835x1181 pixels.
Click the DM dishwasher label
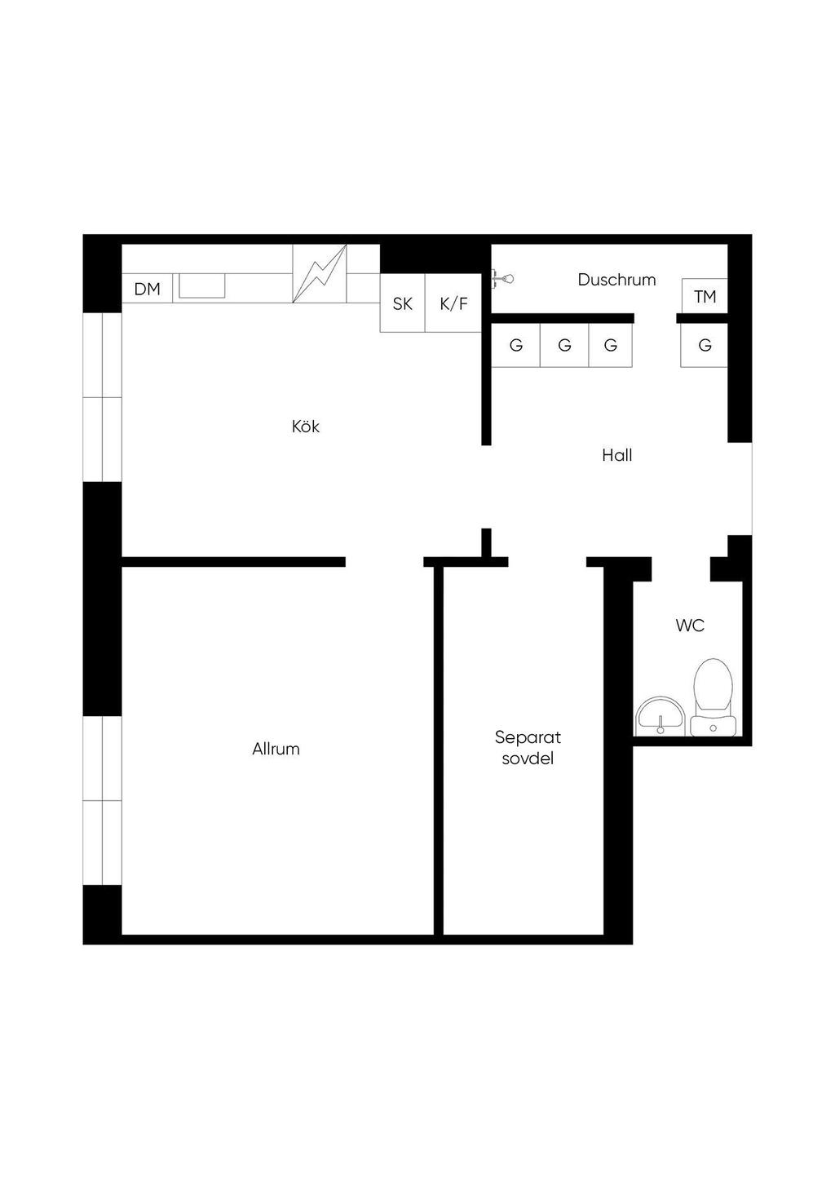coord(147,289)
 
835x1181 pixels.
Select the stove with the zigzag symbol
coord(320,273)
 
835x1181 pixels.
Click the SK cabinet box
coord(403,303)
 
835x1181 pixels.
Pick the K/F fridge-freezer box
coord(454,303)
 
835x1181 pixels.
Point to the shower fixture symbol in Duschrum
coord(502,278)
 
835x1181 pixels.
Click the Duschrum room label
coord(616,280)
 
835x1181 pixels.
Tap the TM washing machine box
coord(705,295)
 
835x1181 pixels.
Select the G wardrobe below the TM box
coord(705,345)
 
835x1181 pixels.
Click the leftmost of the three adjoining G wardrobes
coord(516,345)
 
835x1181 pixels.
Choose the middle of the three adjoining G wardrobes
coord(564,345)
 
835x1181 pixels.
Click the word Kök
coord(306,426)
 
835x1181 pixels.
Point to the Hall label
coord(616,455)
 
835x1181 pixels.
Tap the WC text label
coord(690,626)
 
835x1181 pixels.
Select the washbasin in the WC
coord(660,715)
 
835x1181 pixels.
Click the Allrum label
coord(276,749)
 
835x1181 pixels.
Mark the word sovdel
coord(528,759)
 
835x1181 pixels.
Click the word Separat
coord(528,737)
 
